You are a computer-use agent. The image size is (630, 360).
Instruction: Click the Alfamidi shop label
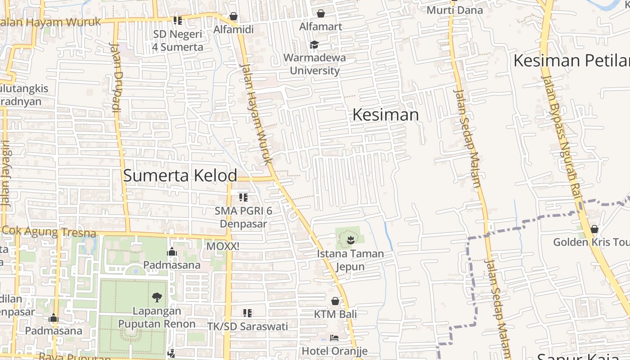pos(234,30)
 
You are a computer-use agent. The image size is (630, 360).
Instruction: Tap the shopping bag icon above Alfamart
pos(321,14)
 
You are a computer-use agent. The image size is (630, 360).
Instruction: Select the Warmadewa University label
pos(315,64)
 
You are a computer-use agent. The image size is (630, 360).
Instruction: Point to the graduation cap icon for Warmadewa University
pos(314,45)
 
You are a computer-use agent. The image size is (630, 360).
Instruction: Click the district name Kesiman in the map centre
pos(386,115)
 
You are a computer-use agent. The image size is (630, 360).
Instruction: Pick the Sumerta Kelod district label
pos(180,175)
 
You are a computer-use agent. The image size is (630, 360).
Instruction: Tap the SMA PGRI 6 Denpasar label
pos(243,217)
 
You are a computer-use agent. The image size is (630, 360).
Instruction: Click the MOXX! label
pos(222,247)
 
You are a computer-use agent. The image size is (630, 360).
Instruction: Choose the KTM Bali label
pos(335,314)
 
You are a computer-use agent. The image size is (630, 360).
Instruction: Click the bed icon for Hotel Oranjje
pos(334,337)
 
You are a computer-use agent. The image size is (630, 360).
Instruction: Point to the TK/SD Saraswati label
pos(247,326)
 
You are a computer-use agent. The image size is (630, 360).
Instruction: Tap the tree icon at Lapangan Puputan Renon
pos(157,297)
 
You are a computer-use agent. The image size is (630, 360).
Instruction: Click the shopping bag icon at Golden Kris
pos(594,229)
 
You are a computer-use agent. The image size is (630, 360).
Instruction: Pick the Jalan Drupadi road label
pos(116,76)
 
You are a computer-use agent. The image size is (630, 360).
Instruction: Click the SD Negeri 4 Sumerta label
pos(178,40)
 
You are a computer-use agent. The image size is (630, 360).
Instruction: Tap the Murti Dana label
pos(454,10)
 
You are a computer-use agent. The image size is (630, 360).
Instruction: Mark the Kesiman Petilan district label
pos(571,60)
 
